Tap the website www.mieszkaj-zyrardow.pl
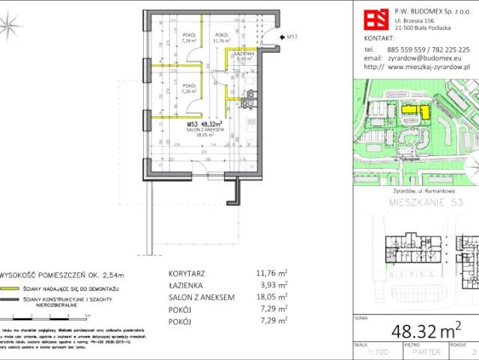click(428, 66)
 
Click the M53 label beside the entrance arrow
click(293, 36)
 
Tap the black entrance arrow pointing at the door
click(280, 36)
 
